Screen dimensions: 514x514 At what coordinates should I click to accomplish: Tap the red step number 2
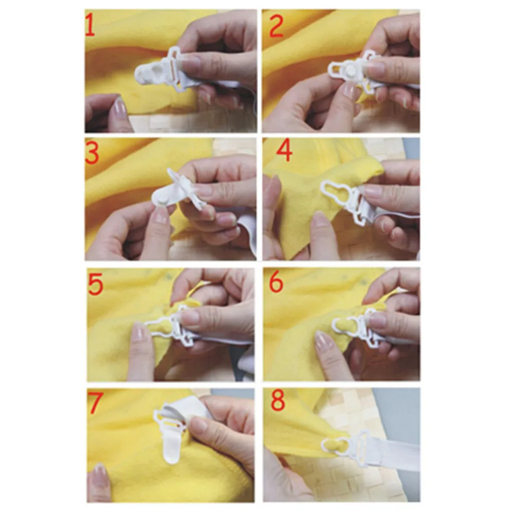click(276, 27)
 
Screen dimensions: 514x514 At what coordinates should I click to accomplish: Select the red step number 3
click(92, 154)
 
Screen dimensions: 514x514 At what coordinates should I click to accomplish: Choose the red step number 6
click(276, 283)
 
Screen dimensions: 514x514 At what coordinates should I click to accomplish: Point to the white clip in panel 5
click(170, 329)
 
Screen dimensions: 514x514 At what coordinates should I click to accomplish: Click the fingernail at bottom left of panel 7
click(99, 470)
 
